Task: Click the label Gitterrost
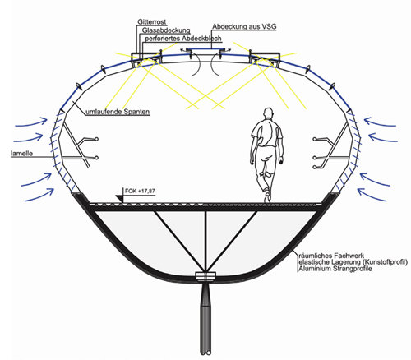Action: (152, 22)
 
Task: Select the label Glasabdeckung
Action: (166, 30)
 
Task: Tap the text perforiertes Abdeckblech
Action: (183, 39)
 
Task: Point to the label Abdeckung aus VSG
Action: (244, 26)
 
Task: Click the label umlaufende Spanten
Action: (118, 112)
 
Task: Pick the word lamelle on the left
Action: (21, 154)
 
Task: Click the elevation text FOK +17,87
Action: (140, 191)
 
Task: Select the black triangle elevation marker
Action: (120, 199)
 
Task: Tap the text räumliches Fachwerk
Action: (331, 256)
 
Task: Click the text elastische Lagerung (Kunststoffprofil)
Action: (353, 262)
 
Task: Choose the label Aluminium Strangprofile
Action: (335, 269)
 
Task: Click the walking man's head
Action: (268, 113)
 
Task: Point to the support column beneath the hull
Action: (205, 319)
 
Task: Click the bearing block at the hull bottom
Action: (205, 276)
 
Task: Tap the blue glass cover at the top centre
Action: (204, 49)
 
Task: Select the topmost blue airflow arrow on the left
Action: (31, 123)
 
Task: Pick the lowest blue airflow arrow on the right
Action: (372, 194)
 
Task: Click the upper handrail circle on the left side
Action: (96, 139)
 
